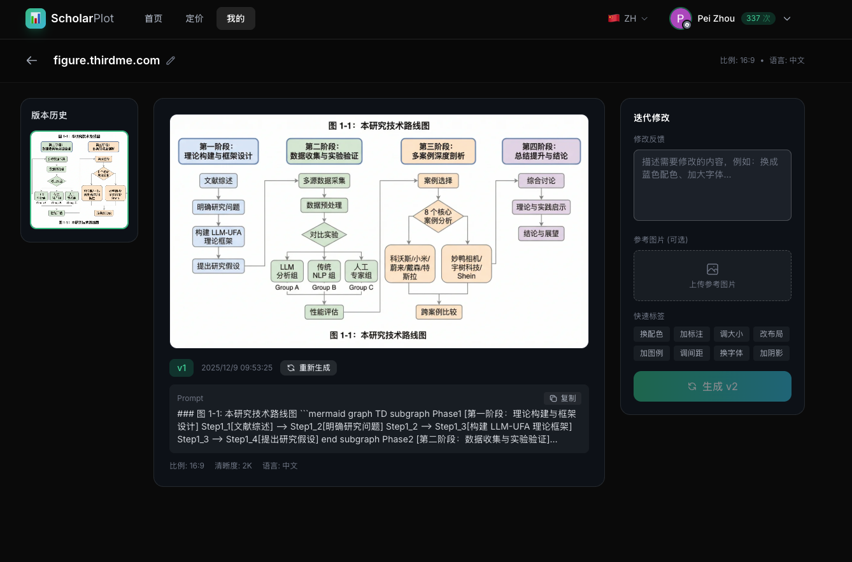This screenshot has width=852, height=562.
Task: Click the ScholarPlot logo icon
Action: [x=36, y=18]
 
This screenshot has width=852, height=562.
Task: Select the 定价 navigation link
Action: [x=194, y=18]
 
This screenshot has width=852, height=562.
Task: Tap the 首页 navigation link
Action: [x=153, y=18]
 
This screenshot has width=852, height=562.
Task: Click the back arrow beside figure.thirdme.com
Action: [x=32, y=60]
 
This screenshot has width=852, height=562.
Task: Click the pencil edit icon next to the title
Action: [x=171, y=60]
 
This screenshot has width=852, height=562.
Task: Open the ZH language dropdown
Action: [x=628, y=18]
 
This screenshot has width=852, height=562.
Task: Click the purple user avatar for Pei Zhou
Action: [x=680, y=18]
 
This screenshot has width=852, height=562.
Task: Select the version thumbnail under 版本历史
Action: [x=80, y=179]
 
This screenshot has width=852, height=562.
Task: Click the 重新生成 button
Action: [x=308, y=368]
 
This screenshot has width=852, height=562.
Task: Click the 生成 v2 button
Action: [x=712, y=386]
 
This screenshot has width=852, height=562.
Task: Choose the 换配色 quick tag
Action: [x=651, y=334]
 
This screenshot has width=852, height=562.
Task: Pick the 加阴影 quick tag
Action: [x=770, y=353]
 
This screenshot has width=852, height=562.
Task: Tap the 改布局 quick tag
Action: [x=770, y=334]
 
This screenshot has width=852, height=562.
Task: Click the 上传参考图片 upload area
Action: [x=712, y=275]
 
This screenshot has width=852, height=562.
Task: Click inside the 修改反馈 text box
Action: [x=712, y=185]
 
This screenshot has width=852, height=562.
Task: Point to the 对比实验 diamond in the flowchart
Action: [x=324, y=235]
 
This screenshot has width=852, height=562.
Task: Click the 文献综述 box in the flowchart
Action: [x=218, y=181]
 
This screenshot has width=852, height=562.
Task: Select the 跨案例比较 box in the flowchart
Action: [x=439, y=312]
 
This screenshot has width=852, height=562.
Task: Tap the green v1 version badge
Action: [x=181, y=368]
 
